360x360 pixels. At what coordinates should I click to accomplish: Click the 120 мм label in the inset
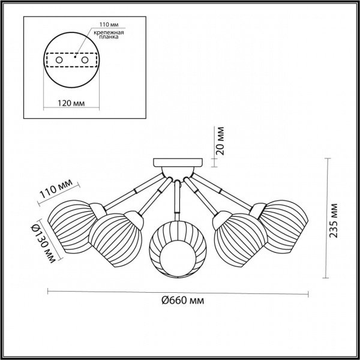pos(70,103)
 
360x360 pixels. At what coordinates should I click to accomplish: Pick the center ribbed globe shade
pos(175,247)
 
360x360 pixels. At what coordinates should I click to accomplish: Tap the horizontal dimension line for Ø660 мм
pos(178,292)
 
